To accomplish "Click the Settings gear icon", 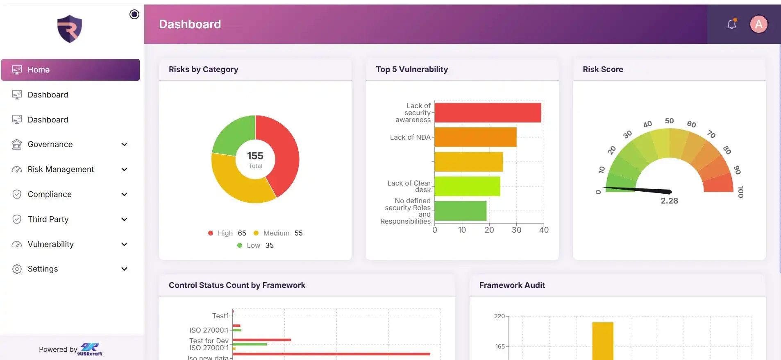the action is click(17, 269).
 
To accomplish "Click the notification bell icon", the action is click(732, 24).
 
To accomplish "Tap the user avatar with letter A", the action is click(758, 24).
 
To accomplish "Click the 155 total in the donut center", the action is click(255, 156).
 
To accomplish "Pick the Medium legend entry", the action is click(278, 233).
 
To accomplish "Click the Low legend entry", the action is click(255, 245).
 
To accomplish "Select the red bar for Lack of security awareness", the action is click(488, 113).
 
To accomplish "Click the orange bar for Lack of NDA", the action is click(475, 137).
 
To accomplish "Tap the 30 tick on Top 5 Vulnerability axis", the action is click(516, 230).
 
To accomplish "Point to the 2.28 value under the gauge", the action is click(669, 201).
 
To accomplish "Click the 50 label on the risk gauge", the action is click(669, 121).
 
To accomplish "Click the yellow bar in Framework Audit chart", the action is click(603, 341).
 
